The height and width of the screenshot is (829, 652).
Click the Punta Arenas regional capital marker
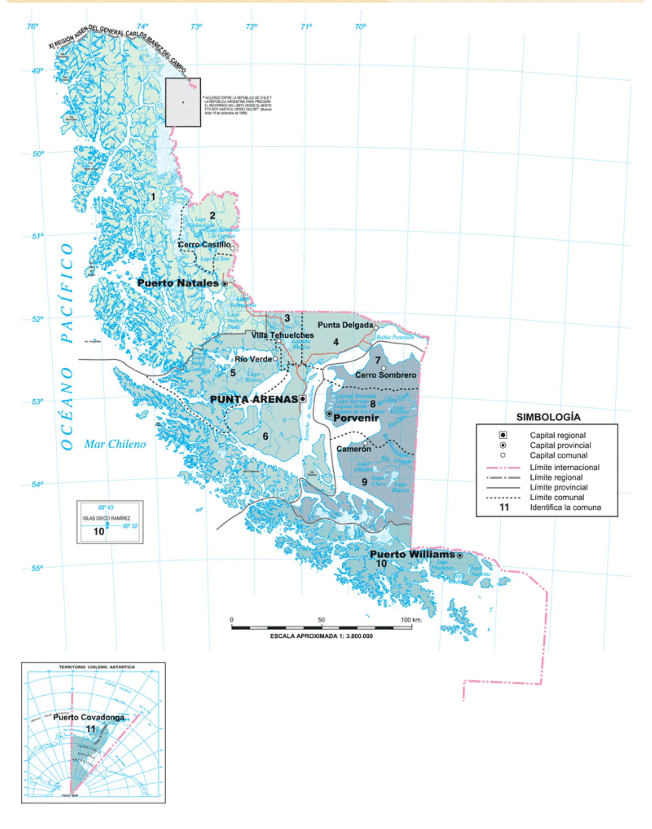click(x=303, y=399)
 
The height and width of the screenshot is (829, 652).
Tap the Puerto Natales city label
click(x=178, y=283)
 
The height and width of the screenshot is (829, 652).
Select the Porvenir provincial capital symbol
click(x=329, y=413)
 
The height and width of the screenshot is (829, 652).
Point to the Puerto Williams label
click(x=412, y=554)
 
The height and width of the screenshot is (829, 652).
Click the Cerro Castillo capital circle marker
click(x=233, y=248)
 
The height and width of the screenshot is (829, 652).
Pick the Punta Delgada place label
click(x=345, y=325)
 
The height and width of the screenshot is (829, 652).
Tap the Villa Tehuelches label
click(x=283, y=335)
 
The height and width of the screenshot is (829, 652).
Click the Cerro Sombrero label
click(x=385, y=375)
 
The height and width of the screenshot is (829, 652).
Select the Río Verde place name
click(x=253, y=359)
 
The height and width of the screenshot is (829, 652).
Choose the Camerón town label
click(x=354, y=449)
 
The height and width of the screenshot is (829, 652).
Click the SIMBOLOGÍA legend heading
click(x=548, y=417)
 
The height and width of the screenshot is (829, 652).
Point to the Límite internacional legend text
click(x=564, y=467)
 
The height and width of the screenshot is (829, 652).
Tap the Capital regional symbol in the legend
click(x=503, y=435)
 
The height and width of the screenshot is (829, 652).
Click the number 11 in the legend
click(x=504, y=507)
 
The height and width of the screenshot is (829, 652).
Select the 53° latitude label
click(x=37, y=401)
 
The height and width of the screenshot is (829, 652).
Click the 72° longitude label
click(x=251, y=27)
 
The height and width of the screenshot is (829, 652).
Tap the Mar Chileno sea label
click(x=115, y=444)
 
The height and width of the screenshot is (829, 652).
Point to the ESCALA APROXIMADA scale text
click(x=321, y=636)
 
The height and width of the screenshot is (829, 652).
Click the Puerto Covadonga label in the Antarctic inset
click(x=88, y=717)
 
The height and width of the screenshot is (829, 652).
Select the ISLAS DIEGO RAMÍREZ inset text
click(x=106, y=518)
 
